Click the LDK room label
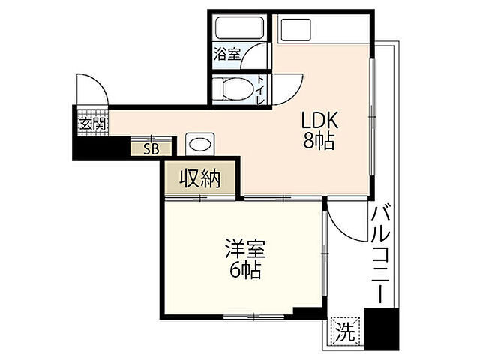click(321, 120)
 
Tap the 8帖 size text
click(319, 141)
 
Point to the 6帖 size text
click(244, 270)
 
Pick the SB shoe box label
click(151, 148)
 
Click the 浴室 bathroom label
click(226, 54)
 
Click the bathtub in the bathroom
click(238, 28)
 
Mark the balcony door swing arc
click(343, 221)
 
